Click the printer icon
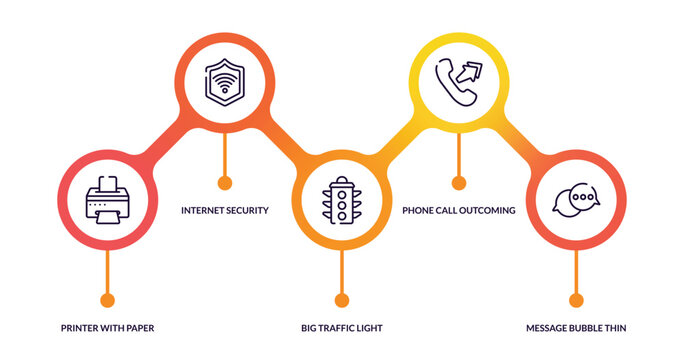(x=107, y=206)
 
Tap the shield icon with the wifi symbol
(x=224, y=80)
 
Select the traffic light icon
(x=342, y=200)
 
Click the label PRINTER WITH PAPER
(x=107, y=328)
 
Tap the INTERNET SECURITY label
(x=224, y=211)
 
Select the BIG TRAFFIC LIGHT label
(x=342, y=328)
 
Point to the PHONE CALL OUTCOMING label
(x=459, y=211)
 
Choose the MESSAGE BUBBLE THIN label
(x=577, y=328)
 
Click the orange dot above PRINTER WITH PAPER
(x=107, y=299)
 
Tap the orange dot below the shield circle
(x=224, y=182)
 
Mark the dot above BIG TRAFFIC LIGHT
(x=342, y=299)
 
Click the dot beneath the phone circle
(x=459, y=182)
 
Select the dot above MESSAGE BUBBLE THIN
(x=576, y=299)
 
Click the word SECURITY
(x=247, y=211)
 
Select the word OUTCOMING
(x=486, y=211)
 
